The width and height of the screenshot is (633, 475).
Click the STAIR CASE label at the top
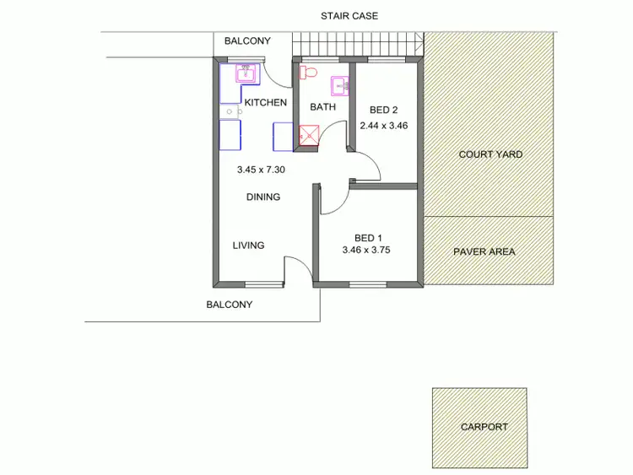348,15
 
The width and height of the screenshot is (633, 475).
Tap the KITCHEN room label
265,103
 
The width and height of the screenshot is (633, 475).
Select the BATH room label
322,107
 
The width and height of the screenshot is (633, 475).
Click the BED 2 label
384,110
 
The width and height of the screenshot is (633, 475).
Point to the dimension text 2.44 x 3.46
384,126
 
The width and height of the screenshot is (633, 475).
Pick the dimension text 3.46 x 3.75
365,251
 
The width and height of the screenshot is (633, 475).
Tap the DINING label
262,197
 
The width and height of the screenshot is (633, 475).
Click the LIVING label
248,246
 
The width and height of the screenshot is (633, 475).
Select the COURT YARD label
490,154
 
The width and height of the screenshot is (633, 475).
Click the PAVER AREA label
484,251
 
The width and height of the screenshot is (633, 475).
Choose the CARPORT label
484,427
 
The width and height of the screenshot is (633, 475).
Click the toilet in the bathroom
308,72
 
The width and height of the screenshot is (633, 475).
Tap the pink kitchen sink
246,73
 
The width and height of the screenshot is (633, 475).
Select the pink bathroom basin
339,84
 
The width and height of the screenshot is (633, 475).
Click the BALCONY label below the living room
230,305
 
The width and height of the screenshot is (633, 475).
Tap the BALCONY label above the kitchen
247,41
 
